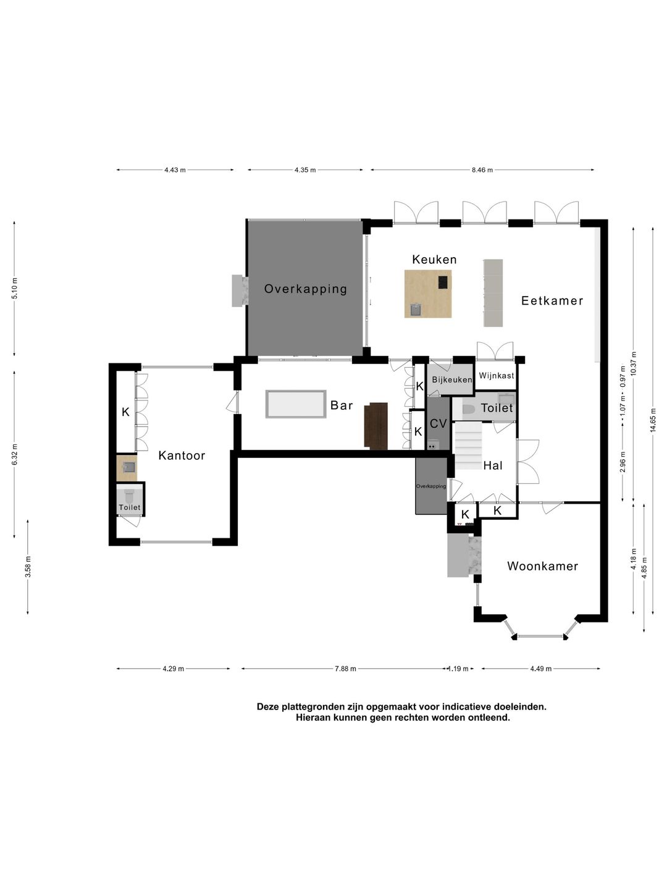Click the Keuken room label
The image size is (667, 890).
pos(434,259)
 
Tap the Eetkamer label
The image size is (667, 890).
pos(552,300)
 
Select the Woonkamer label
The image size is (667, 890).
pos(542,566)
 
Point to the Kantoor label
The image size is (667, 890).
pos(182,456)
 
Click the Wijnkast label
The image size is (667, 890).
pos(496,375)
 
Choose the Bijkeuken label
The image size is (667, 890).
pos(452,380)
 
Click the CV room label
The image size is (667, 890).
pos(438,424)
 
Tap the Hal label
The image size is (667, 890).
pos(493,465)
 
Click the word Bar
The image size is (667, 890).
pos(342,405)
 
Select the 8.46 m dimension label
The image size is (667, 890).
pos(482,170)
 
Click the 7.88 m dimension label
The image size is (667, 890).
pos(345,669)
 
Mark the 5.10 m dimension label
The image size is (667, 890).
pos(15,288)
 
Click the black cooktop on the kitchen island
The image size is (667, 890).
pos(443,282)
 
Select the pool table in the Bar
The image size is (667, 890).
pos(296,404)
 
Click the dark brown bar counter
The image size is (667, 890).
pos(376,426)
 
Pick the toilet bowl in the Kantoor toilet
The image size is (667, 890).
pos(129,495)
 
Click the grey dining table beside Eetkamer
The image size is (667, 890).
pos(493,293)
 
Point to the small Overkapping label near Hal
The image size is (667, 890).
pos(431,486)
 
